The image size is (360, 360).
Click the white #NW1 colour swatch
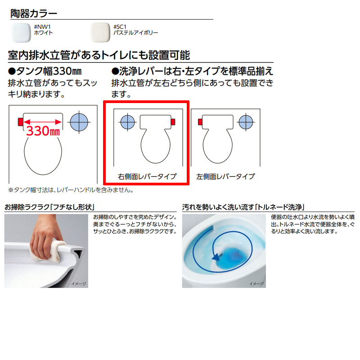pos(21,32)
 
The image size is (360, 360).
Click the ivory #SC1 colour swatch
pos(100,32)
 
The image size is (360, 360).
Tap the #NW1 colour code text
pos(42,27)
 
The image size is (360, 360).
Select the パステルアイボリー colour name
pos(135,33)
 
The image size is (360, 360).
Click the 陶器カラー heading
pos(33,13)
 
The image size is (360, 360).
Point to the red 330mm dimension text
pos(43,131)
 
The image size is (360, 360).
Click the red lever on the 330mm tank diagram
pos(20,121)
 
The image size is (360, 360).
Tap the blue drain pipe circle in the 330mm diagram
pos(79,122)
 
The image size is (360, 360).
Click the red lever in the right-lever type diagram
pos(173,121)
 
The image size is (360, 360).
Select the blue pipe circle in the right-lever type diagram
pos(128,122)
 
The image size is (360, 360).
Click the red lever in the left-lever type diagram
pos(200,121)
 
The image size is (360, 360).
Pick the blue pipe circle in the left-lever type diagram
pos(246,122)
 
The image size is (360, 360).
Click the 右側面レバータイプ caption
pos(147,176)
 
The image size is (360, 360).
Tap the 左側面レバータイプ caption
pos(225,176)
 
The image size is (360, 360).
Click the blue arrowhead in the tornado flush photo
pos(216,256)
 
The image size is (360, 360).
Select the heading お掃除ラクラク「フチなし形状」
pos(49,207)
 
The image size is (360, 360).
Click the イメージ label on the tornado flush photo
pos(256,284)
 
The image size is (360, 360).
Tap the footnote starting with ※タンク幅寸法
pos(71,190)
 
